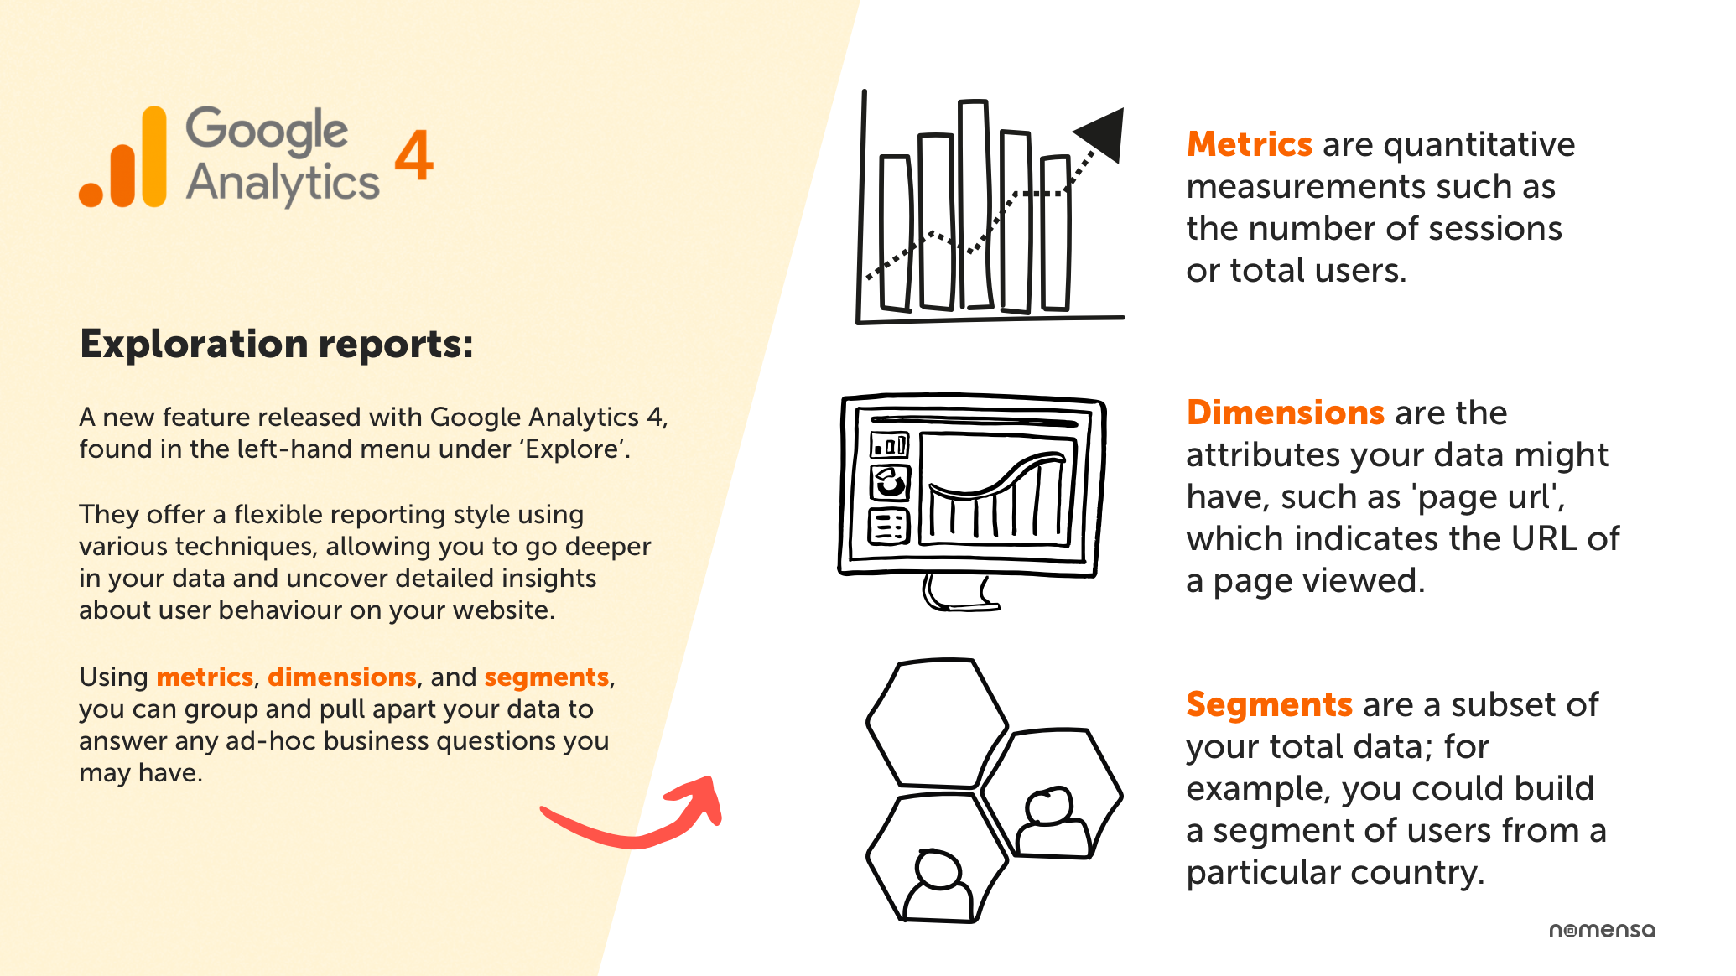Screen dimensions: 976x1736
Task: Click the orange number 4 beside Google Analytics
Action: click(x=413, y=155)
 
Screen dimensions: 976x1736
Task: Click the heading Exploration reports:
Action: click(x=277, y=345)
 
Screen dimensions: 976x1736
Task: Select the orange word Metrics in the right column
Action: click(x=1249, y=145)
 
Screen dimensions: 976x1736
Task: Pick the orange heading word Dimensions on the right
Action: click(x=1285, y=413)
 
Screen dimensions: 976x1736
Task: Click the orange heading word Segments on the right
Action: click(x=1269, y=705)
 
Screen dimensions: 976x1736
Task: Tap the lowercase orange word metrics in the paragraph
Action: click(x=205, y=677)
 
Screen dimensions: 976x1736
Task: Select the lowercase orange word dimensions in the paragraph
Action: click(x=341, y=677)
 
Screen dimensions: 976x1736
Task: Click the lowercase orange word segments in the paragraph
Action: click(x=546, y=677)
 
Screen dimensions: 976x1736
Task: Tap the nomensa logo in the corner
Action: click(x=1602, y=930)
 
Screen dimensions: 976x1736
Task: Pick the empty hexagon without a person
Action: click(x=937, y=723)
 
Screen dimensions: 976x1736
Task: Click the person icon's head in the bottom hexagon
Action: click(x=938, y=869)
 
